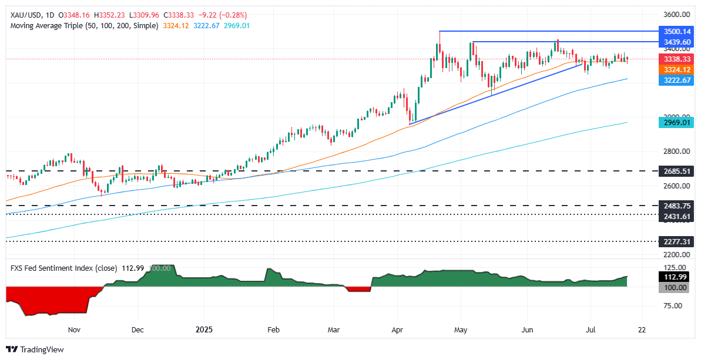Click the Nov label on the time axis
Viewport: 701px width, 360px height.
pos(73,330)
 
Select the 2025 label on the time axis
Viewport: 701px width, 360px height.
pos(202,330)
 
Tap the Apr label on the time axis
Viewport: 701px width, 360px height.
pos(398,330)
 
